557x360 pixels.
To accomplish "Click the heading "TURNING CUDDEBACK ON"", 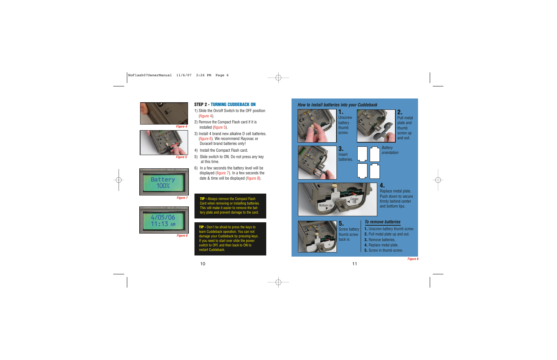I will [x=233, y=105].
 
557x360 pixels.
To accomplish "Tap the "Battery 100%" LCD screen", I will [x=163, y=182].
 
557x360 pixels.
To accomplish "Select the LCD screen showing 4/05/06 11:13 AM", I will [x=163, y=220].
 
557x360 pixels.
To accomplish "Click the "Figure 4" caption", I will [x=181, y=127].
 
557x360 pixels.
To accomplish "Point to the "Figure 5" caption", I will [x=181, y=157].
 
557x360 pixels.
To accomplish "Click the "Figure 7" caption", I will [x=182, y=198].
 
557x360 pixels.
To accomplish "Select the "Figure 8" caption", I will [x=182, y=236].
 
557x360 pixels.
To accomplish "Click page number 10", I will [x=203, y=264].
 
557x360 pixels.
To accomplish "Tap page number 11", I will [x=355, y=264].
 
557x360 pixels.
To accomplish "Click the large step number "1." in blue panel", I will [x=341, y=112].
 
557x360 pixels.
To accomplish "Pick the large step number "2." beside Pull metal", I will [x=400, y=112].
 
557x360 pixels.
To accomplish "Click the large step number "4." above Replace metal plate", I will [x=382, y=186].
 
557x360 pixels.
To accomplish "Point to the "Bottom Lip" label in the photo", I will [x=326, y=206].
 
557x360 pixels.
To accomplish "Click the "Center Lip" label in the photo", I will [x=354, y=200].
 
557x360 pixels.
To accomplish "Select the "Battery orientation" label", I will [x=390, y=150].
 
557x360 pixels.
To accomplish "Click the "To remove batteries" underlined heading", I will [x=382, y=222].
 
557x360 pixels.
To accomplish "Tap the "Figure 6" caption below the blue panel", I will [x=413, y=259].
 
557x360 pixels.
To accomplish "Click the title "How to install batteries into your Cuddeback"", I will [x=337, y=105].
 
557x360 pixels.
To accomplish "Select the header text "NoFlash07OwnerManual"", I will [x=150, y=75].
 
